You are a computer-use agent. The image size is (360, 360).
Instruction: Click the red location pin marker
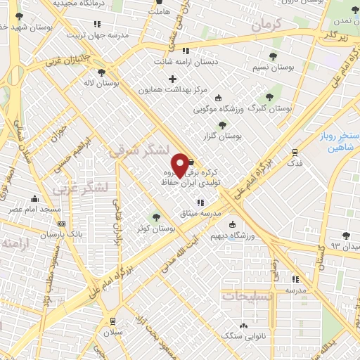[180, 165]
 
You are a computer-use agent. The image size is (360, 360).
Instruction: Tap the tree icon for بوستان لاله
[101, 72]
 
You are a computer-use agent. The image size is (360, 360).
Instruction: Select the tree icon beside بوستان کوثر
[155, 217]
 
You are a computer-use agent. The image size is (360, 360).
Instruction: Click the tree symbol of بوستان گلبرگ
[268, 98]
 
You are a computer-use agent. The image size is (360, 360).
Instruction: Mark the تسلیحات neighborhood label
[247, 295]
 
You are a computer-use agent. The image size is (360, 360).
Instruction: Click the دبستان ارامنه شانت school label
[186, 62]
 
